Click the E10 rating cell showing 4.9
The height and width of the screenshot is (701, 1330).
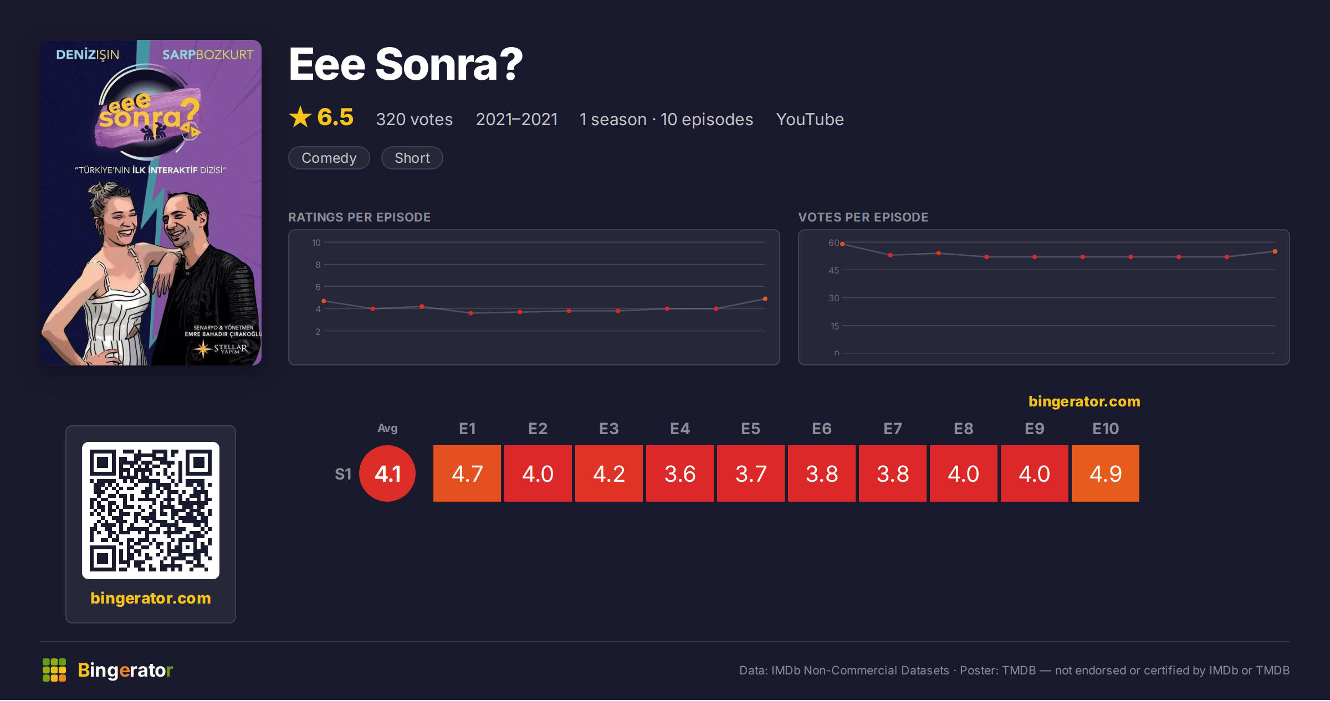[x=1105, y=473]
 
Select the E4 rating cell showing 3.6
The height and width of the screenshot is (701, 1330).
[x=680, y=473]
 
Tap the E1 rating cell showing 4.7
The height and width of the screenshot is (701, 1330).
[x=467, y=473]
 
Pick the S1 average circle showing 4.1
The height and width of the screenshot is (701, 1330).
[x=387, y=473]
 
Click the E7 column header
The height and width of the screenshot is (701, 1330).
[x=893, y=429]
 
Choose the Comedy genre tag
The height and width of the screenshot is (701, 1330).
[x=329, y=158]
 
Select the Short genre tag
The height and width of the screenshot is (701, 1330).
[x=412, y=158]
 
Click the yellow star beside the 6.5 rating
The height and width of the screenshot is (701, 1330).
[x=300, y=117]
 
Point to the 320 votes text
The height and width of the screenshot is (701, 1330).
[x=415, y=119]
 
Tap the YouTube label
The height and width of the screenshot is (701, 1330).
[x=810, y=119]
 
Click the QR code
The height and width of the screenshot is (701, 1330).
[x=151, y=511]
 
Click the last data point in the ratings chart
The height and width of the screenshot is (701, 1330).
[x=765, y=299]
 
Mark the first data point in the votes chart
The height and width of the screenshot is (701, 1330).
[x=842, y=244]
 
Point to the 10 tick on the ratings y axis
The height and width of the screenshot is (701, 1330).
[x=316, y=243]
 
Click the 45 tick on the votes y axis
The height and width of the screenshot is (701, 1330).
[x=834, y=270]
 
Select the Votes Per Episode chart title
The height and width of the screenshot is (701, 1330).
[x=863, y=217]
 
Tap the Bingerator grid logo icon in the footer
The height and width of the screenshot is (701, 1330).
[x=54, y=670]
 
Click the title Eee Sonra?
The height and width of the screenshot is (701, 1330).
[x=406, y=64]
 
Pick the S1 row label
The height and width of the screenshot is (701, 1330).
[x=343, y=474]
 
